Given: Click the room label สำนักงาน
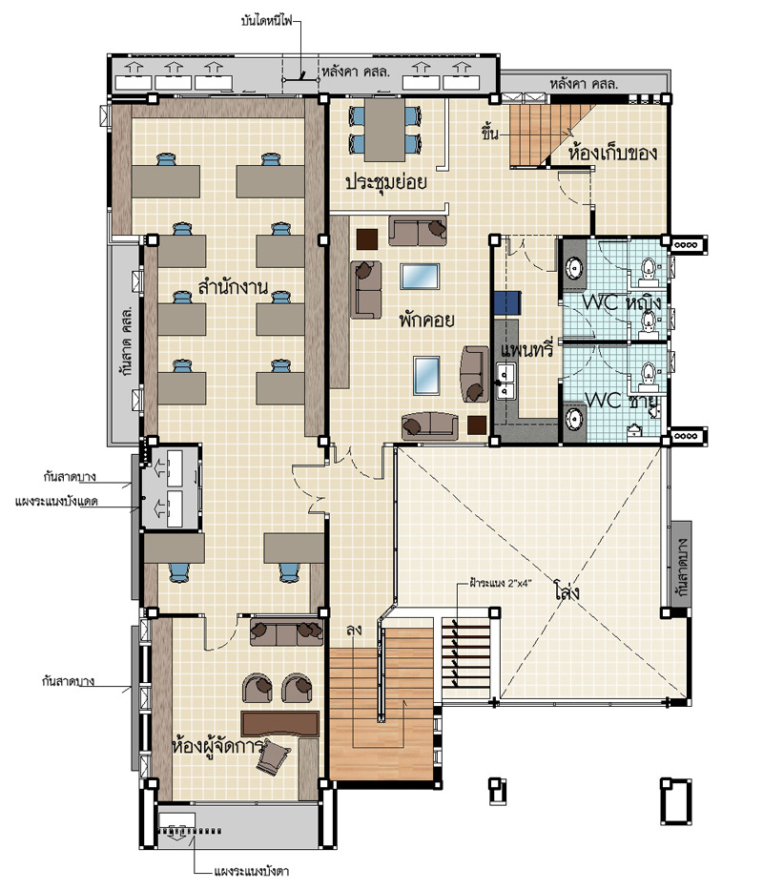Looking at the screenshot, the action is (x=233, y=286).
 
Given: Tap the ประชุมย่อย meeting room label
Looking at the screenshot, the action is (x=386, y=182).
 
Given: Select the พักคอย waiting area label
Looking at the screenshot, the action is (x=426, y=321).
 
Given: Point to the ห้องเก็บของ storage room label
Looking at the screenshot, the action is (x=612, y=153).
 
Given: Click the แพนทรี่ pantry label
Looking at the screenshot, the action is (x=526, y=350).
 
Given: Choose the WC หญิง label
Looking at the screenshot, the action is (x=622, y=302).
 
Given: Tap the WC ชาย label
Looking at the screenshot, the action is (x=622, y=400).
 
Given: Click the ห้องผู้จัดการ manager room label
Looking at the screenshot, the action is (x=217, y=745).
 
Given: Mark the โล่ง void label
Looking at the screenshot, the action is (x=567, y=592).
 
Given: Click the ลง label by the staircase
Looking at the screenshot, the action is (x=354, y=630).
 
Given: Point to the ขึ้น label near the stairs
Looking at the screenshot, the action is (x=490, y=134).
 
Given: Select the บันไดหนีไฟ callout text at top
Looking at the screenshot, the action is (x=267, y=22).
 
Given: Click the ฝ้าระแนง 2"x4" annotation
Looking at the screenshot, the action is (x=500, y=582).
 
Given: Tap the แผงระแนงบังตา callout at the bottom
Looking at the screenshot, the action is (x=252, y=871).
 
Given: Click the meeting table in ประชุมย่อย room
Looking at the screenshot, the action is (x=384, y=131).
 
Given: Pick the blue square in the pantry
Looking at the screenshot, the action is (x=507, y=303).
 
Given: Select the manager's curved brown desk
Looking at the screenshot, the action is (x=279, y=724).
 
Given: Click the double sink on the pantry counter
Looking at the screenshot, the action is (x=505, y=382).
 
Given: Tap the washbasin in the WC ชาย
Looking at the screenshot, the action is (x=575, y=421).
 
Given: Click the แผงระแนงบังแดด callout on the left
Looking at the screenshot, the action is (x=56, y=502).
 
